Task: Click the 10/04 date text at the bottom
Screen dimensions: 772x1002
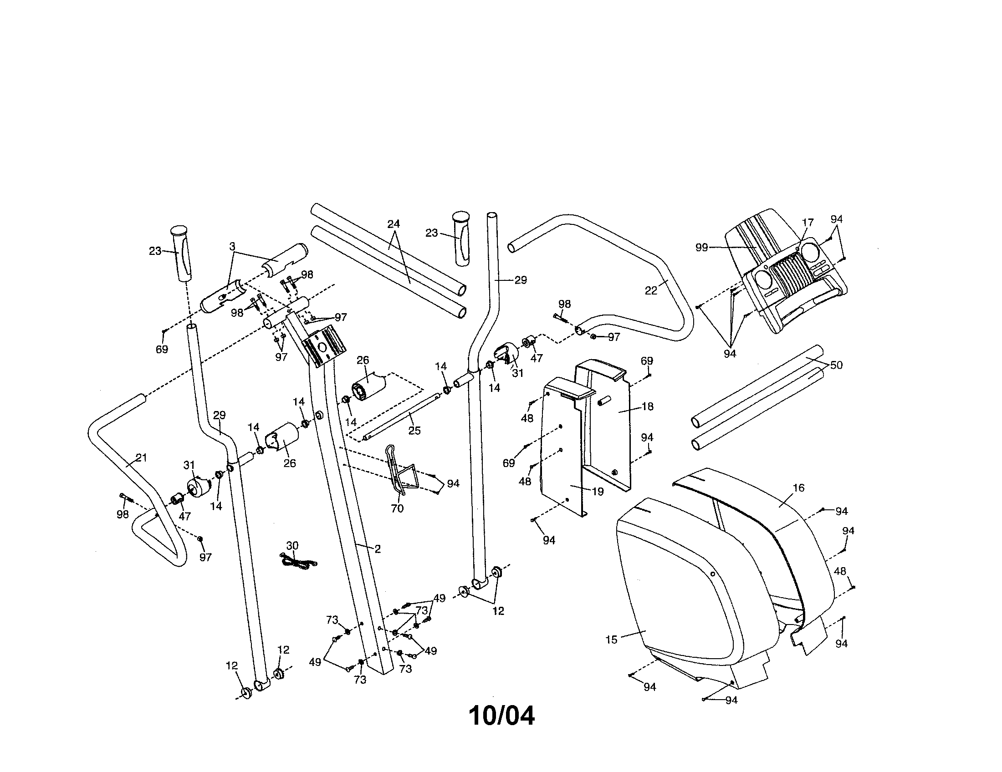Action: (501, 716)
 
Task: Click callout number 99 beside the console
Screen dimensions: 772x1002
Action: (701, 248)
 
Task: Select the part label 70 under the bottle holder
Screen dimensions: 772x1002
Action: (397, 508)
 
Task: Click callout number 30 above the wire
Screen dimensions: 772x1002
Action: (292, 545)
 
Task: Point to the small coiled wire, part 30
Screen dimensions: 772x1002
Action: (297, 562)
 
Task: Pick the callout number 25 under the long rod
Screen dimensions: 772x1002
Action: (414, 431)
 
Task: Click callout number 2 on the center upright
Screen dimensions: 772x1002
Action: (378, 549)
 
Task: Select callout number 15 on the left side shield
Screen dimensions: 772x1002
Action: (611, 640)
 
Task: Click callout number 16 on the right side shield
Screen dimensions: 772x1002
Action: (799, 488)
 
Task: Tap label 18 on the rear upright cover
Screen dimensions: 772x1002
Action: (647, 406)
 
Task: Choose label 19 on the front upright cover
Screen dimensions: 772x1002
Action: (598, 492)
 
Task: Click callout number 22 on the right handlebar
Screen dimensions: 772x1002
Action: (651, 291)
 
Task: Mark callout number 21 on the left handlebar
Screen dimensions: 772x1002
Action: (141, 457)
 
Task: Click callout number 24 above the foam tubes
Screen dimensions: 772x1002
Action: (394, 223)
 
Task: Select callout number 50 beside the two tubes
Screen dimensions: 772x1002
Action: (836, 366)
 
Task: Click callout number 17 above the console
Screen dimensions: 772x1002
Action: (808, 222)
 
